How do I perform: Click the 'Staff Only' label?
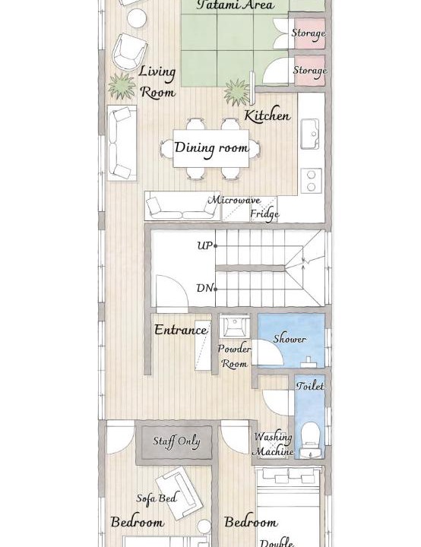[176, 441]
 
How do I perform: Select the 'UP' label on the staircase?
[205, 245]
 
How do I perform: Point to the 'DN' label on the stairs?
[204, 288]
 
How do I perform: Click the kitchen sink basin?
[309, 134]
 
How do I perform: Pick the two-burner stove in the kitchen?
[311, 180]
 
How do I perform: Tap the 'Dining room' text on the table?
[211, 148]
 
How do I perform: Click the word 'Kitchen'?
[267, 115]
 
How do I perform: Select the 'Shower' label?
[290, 339]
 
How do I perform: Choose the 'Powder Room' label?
[234, 356]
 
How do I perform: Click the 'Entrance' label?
[181, 330]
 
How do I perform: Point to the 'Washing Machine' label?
[273, 444]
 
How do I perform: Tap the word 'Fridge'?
[264, 213]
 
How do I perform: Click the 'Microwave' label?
[234, 201]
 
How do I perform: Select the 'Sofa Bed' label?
[157, 498]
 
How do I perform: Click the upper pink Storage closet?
[310, 33]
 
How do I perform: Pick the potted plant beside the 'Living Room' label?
[121, 86]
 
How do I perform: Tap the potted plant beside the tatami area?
[237, 92]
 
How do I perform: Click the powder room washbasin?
[235, 326]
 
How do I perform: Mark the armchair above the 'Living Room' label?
[129, 52]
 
